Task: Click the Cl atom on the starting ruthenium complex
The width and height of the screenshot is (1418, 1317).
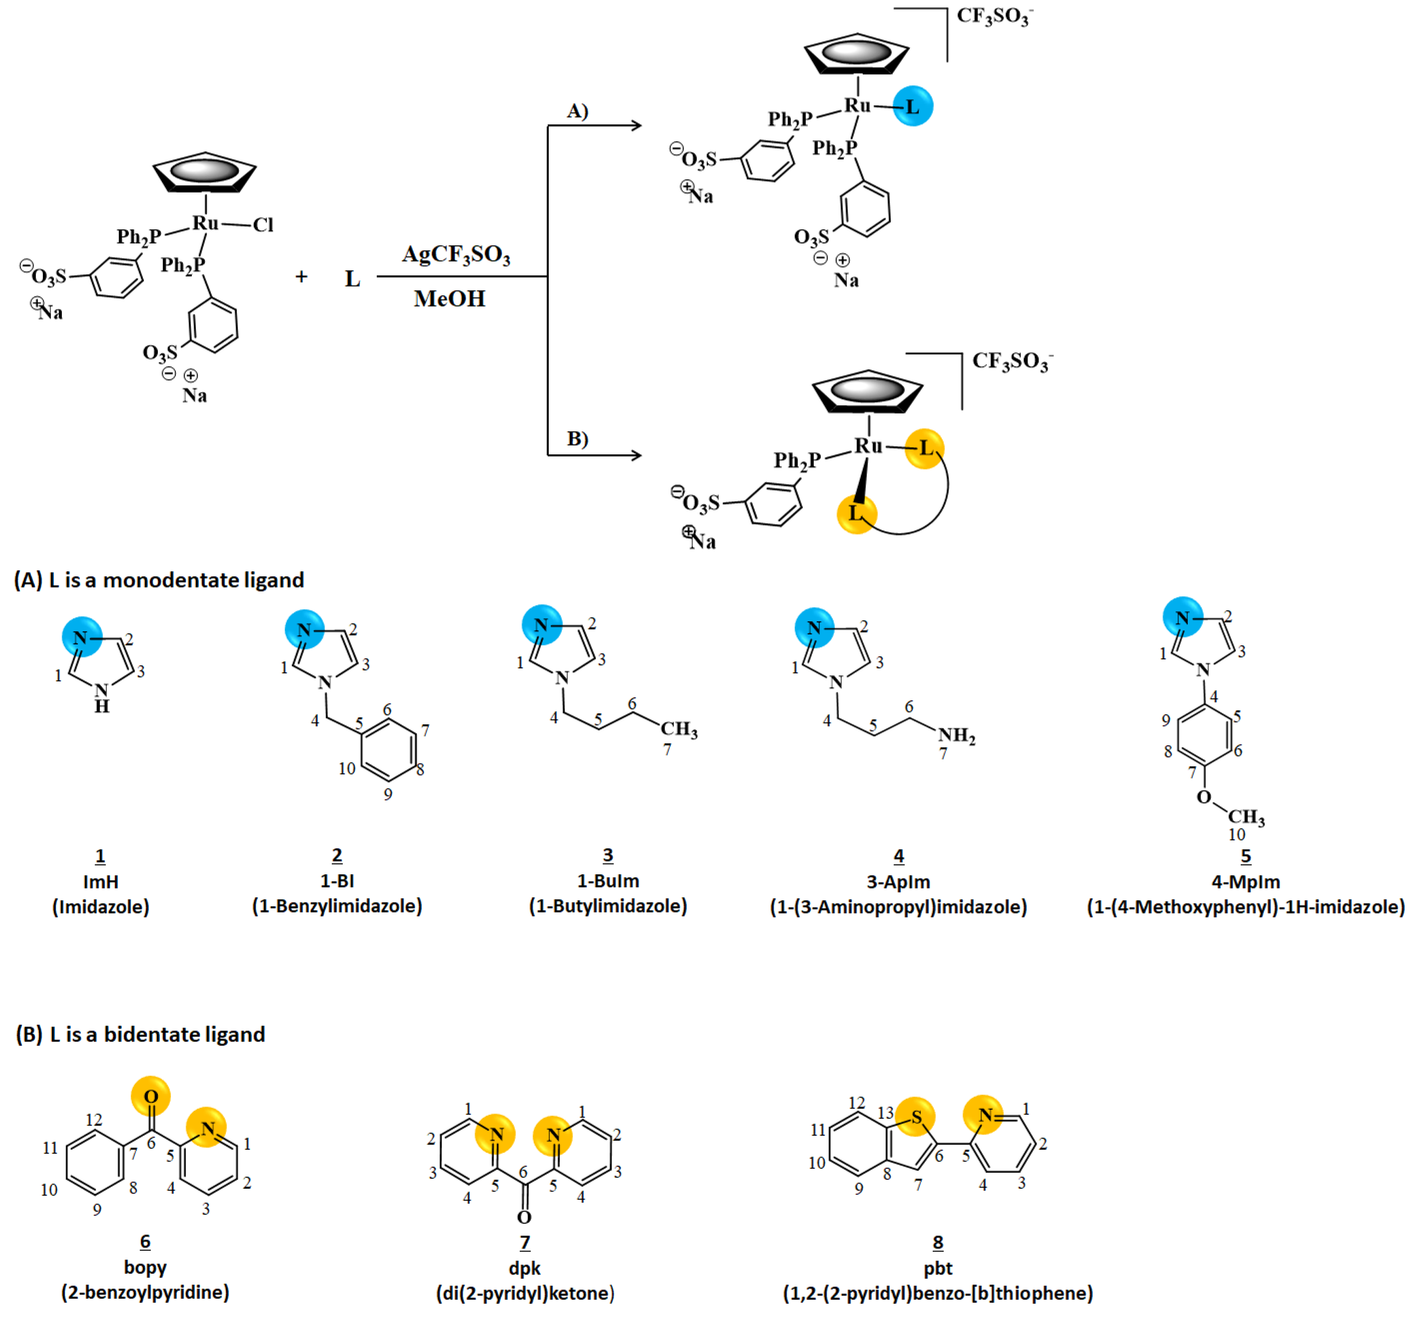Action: click(x=262, y=225)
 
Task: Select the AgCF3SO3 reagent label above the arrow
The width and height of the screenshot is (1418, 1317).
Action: click(x=456, y=254)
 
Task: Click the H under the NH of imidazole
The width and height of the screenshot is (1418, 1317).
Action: click(x=102, y=706)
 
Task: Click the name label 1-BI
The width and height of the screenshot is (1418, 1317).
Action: click(x=337, y=881)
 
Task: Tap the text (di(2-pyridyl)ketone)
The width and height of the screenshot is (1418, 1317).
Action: click(x=525, y=1293)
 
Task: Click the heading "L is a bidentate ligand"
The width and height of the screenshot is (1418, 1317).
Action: click(x=157, y=1034)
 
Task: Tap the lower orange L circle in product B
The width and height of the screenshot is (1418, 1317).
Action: click(x=856, y=513)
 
